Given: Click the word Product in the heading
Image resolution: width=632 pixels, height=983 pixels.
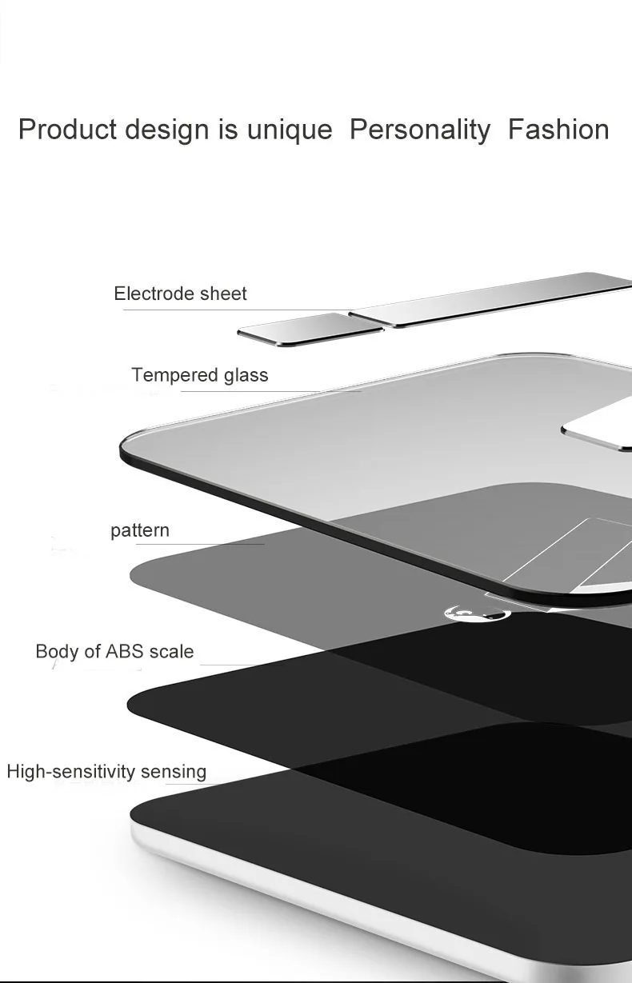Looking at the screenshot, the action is (68, 130).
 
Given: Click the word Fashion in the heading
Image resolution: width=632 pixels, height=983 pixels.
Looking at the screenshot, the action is (558, 130).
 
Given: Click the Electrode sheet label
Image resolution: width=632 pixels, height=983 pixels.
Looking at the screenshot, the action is (180, 294).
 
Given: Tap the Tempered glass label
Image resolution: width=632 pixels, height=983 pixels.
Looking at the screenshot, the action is (200, 376).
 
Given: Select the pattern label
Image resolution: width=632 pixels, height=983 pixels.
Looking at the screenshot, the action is (140, 531).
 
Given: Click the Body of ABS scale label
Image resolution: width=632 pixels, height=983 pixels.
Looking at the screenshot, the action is (114, 652).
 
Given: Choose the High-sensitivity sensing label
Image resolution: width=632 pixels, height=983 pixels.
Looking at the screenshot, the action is (106, 772).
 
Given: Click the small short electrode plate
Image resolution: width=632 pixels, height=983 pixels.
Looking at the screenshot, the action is (310, 329).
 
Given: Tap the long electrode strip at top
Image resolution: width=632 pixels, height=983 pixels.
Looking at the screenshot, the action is (490, 300).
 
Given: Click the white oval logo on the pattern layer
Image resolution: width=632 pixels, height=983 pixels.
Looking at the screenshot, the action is (477, 613).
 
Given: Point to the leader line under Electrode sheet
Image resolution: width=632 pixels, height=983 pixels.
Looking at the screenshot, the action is (237, 310).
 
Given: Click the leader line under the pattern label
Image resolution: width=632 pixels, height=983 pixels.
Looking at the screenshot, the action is (200, 544).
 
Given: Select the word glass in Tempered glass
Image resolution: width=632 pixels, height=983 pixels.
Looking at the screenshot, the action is (246, 377).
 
